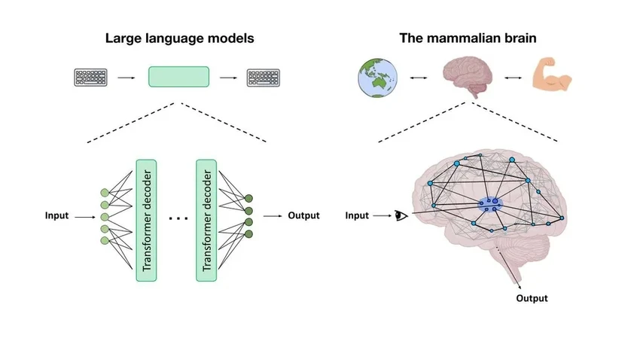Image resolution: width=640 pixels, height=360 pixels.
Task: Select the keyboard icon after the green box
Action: tap(264, 77)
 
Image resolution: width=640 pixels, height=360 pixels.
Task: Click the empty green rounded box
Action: tap(178, 77)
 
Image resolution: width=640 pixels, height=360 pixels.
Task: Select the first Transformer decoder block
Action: tap(147, 219)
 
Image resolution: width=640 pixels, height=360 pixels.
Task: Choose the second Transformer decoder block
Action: tap(206, 219)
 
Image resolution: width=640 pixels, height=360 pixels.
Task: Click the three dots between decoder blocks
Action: tap(178, 218)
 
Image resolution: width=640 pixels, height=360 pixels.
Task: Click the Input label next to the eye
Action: tap(357, 216)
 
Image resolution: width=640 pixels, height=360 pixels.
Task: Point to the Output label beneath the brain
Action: tap(532, 298)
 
